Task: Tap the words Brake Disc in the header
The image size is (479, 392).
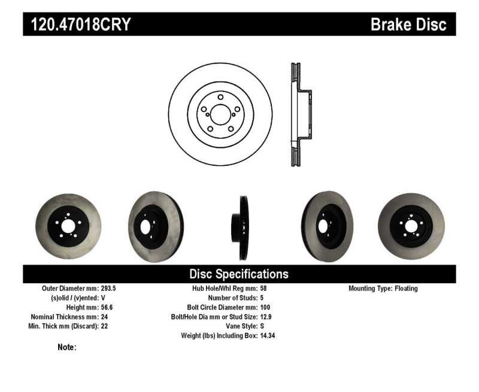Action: [x=408, y=24]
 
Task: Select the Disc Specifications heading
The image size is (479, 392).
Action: [x=239, y=274]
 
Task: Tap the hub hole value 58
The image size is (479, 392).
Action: [x=263, y=288]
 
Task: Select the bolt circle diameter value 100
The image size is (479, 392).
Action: [x=265, y=308]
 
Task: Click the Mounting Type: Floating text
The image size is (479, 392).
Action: [x=383, y=288]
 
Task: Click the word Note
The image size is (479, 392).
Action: [x=66, y=347]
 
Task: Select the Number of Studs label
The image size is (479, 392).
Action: [x=233, y=298]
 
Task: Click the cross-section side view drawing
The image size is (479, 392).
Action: [x=299, y=115]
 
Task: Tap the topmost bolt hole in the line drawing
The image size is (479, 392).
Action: [x=220, y=97]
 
